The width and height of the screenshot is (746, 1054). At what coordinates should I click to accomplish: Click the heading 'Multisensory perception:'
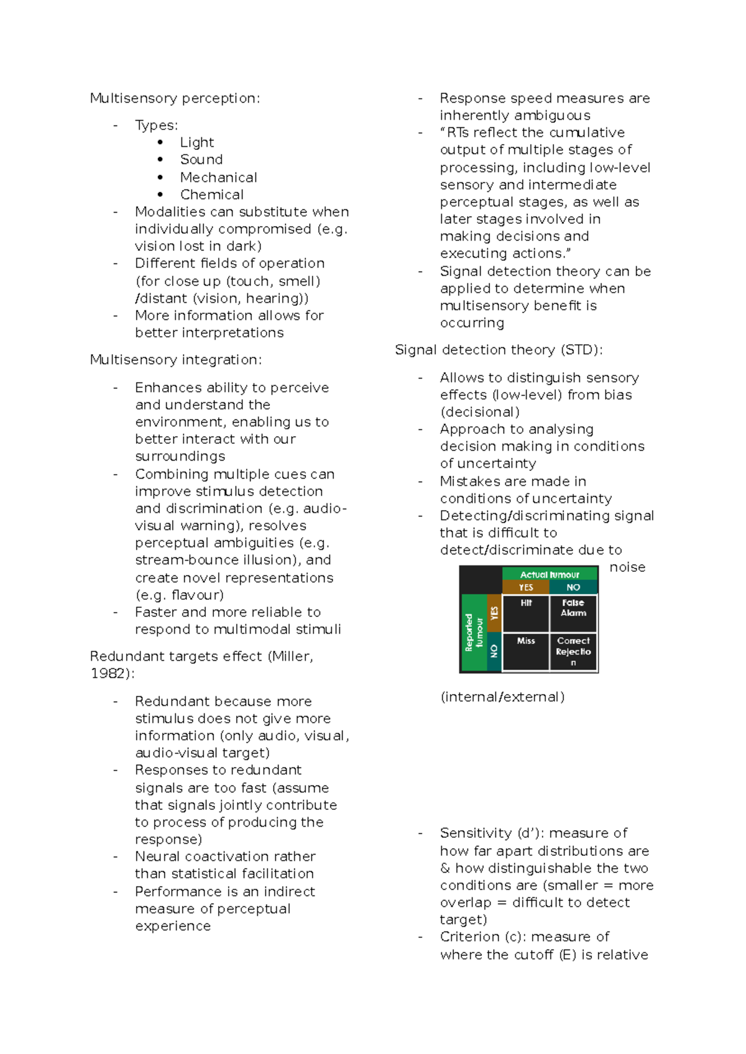click(175, 98)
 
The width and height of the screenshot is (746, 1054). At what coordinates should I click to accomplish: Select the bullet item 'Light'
click(196, 142)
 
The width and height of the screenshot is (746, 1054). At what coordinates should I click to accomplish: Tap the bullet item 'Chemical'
click(211, 195)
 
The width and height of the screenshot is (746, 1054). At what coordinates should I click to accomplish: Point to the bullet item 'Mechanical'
click(218, 177)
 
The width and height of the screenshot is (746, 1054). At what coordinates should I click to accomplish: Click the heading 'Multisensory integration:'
click(175, 360)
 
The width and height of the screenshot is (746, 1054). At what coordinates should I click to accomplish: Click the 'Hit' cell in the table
click(526, 612)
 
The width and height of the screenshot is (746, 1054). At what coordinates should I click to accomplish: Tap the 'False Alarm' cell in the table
click(573, 612)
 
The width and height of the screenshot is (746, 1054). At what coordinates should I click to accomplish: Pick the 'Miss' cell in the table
click(526, 651)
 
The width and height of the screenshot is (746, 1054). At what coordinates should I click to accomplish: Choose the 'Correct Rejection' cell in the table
click(573, 651)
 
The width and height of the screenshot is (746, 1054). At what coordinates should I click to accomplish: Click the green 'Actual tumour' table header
click(550, 574)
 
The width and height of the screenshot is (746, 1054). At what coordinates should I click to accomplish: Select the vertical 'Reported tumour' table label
click(474, 632)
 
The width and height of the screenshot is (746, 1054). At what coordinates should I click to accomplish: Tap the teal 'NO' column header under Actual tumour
click(573, 587)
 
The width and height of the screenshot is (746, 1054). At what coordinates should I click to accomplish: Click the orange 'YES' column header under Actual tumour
click(526, 587)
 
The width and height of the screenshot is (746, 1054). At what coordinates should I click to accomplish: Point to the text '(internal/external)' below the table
click(502, 697)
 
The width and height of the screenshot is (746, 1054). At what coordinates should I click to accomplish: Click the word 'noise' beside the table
click(627, 567)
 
